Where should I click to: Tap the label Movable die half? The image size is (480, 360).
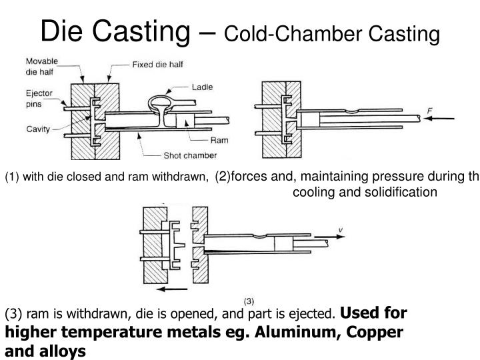(42, 65)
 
